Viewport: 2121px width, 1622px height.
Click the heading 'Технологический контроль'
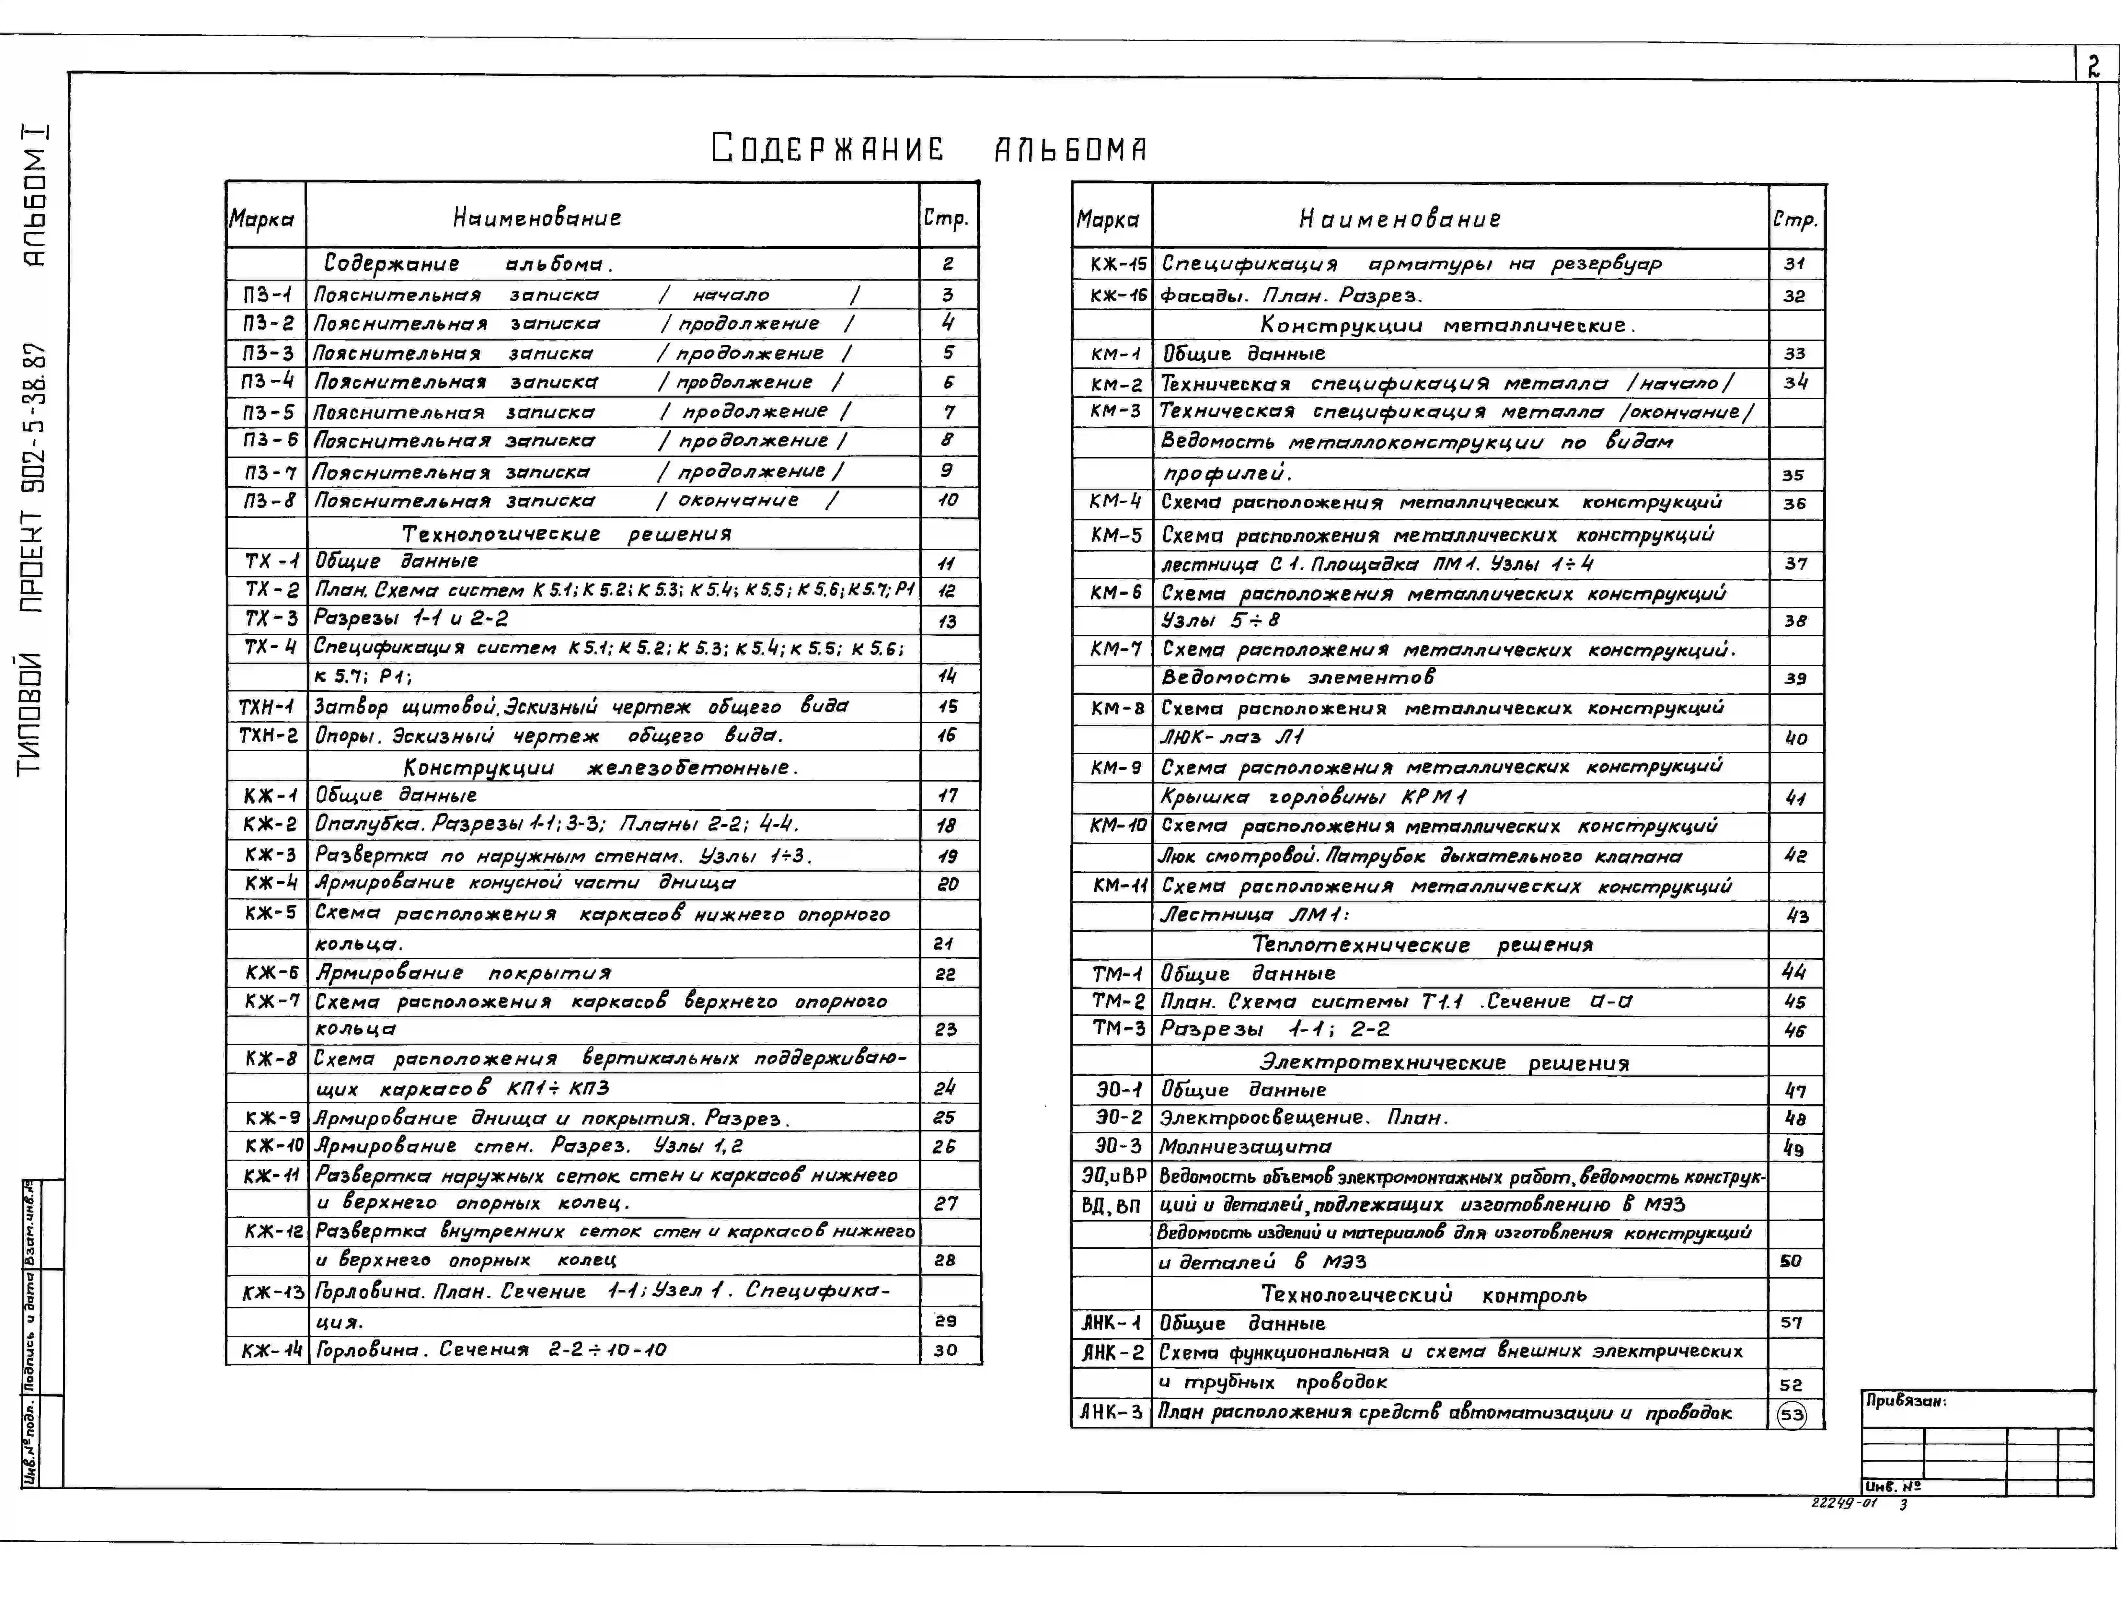(1423, 1295)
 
